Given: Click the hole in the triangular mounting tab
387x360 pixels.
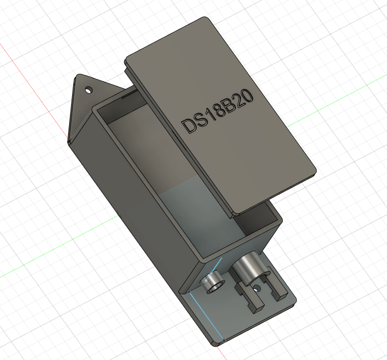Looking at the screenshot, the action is click(x=88, y=90).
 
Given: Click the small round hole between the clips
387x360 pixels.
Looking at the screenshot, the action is click(x=257, y=288).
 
